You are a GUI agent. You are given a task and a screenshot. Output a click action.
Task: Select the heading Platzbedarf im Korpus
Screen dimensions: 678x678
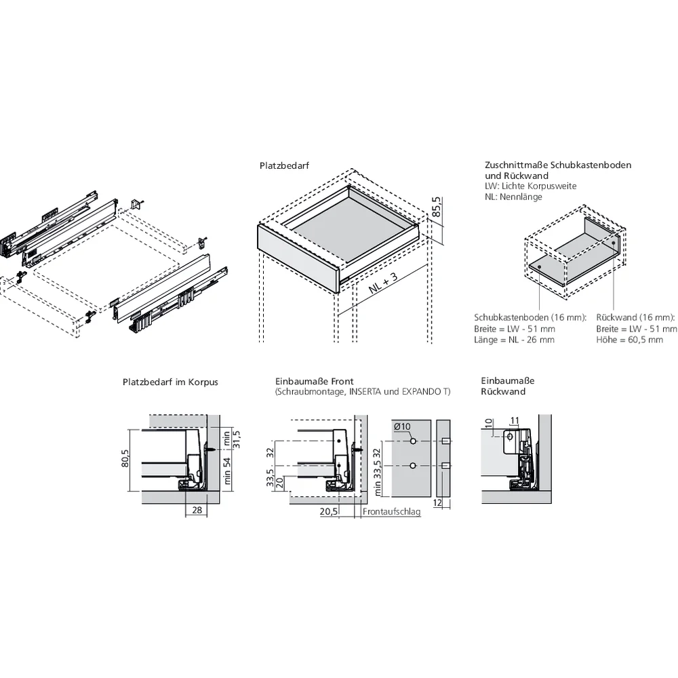coord(170,382)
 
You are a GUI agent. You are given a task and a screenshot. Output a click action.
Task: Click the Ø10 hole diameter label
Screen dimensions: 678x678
coord(403,426)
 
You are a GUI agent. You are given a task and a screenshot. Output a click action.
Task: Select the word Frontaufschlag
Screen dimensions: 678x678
coord(391,512)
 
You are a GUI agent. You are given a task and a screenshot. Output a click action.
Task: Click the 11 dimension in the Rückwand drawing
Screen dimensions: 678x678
coord(514,421)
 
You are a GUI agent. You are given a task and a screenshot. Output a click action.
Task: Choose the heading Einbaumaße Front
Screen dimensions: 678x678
coord(315,382)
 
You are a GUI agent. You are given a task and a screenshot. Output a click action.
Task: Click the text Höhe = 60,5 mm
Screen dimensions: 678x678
coord(629,340)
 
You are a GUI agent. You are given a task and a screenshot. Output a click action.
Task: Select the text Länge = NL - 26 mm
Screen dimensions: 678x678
coord(513,340)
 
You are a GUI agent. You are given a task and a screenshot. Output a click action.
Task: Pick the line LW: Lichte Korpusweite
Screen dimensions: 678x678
coord(530,186)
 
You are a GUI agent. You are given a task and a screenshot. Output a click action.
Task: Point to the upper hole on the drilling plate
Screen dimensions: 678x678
coord(412,441)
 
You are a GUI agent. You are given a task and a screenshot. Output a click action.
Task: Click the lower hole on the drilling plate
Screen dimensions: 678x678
coord(412,466)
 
